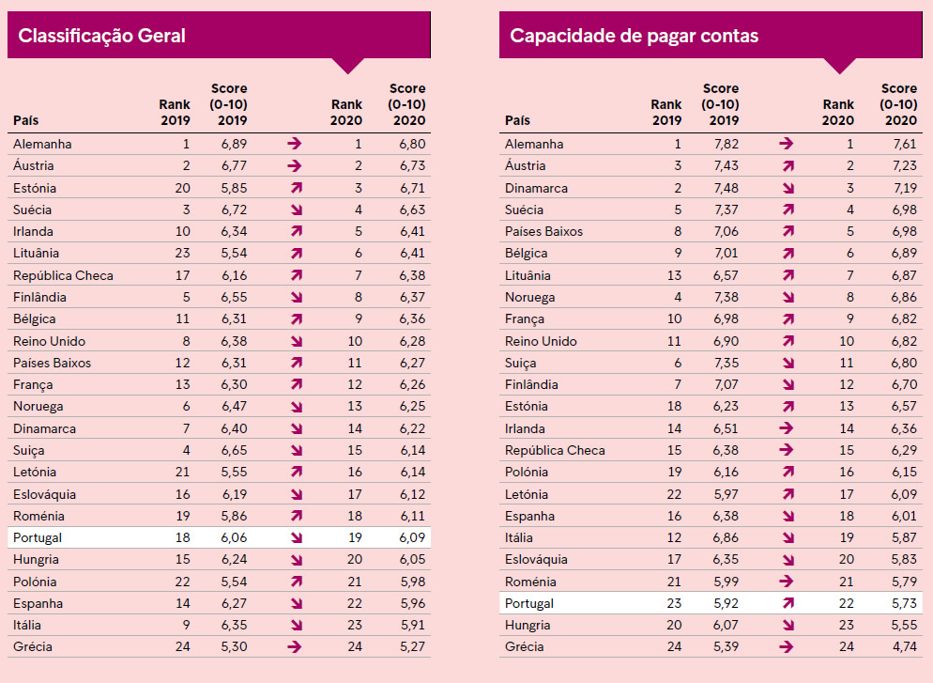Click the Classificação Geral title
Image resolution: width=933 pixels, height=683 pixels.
(x=101, y=36)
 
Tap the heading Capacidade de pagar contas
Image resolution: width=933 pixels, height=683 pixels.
(x=634, y=36)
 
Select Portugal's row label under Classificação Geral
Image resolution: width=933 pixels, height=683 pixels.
(x=38, y=537)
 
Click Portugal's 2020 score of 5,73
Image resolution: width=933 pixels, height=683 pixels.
(x=904, y=603)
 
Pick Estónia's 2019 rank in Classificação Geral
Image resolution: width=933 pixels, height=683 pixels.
(x=183, y=188)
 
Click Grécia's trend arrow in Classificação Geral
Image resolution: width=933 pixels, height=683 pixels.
(x=295, y=646)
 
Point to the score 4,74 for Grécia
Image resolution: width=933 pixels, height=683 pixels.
(x=904, y=646)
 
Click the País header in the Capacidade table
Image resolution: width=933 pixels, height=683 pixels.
(x=517, y=120)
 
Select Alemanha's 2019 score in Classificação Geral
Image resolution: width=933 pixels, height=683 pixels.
(x=234, y=144)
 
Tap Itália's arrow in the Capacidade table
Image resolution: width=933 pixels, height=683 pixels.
(x=788, y=537)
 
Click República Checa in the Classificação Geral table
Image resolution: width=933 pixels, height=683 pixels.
(x=63, y=275)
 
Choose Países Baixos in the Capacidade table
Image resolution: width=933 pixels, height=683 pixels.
(x=543, y=232)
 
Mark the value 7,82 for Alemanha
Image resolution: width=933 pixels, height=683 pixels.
(x=726, y=144)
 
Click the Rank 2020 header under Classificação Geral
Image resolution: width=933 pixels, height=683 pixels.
(x=346, y=112)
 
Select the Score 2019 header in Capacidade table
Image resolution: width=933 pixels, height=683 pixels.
(x=720, y=104)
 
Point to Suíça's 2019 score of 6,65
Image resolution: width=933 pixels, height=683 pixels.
(x=234, y=450)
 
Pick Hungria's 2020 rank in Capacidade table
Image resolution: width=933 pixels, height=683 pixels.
(x=846, y=626)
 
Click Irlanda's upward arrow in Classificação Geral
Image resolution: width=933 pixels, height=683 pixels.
(x=297, y=232)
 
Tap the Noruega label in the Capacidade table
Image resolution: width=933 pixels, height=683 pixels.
(x=529, y=298)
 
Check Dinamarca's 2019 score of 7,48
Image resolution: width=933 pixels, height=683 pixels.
(x=726, y=188)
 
